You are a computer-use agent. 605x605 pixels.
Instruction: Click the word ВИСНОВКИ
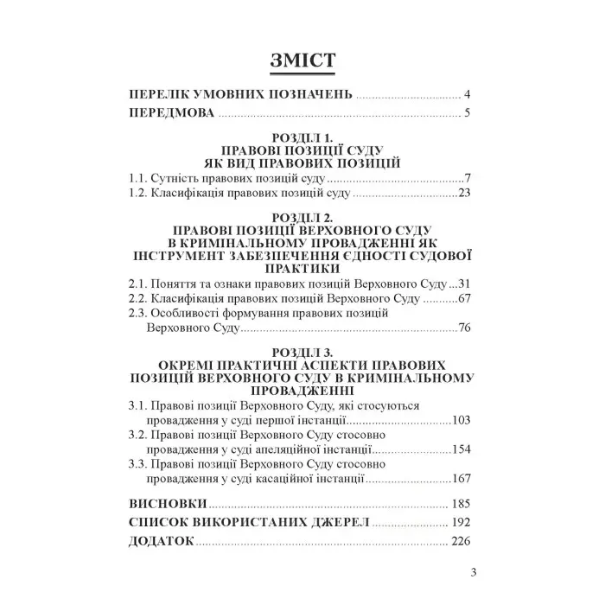(166, 504)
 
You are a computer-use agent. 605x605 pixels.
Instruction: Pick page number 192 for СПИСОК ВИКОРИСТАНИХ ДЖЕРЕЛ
(459, 523)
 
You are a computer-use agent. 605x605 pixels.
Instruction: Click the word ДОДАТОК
(160, 542)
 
